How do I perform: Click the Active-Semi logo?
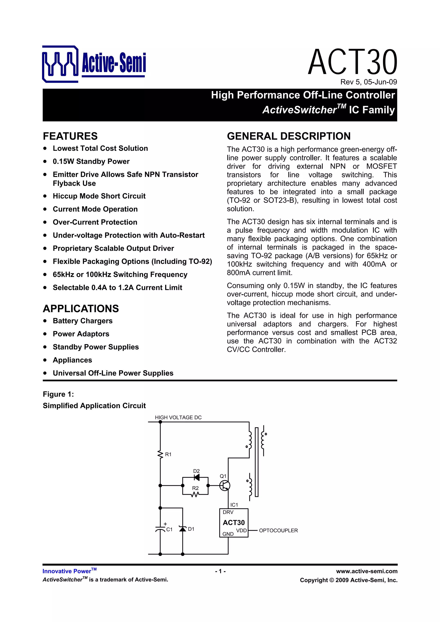94,64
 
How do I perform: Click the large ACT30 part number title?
352,62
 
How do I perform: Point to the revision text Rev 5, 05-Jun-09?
368,82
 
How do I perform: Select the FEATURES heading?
70,136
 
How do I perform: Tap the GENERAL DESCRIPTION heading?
289,136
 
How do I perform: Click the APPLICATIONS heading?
81,309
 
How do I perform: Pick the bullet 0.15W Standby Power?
91,161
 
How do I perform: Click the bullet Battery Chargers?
82,321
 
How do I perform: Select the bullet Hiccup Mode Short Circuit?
99,196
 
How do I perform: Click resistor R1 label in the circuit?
168,454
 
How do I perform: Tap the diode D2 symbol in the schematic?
197,477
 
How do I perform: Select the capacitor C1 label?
169,529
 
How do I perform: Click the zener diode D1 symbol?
183,529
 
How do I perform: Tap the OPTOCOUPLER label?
278,531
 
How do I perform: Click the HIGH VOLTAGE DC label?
178,417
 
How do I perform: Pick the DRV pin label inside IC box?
228,512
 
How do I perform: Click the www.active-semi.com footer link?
367,571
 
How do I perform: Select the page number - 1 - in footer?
220,571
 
